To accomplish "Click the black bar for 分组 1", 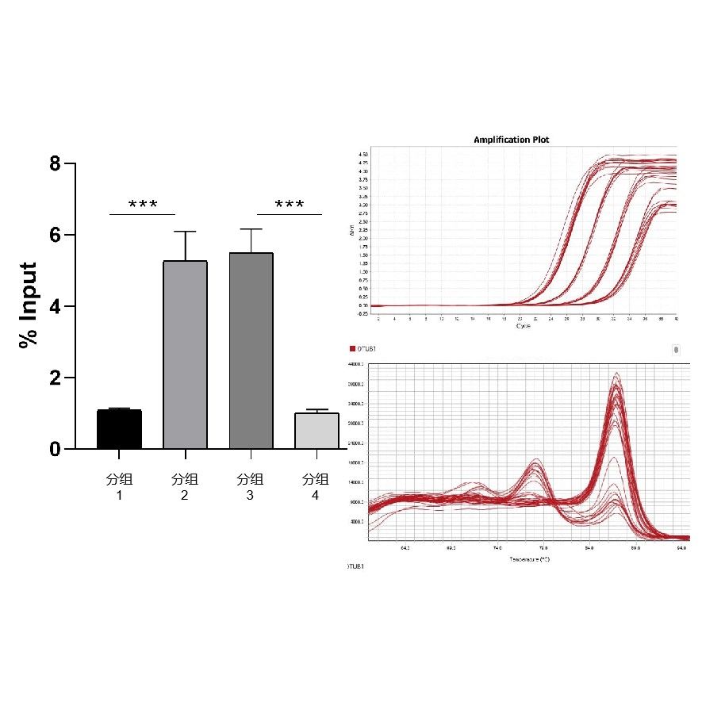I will (119, 429).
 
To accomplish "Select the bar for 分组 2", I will (185, 355).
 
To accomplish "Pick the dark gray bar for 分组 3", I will (251, 351).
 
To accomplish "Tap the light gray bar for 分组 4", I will (316, 431).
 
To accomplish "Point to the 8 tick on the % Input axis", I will (54, 164).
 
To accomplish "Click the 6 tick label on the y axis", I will (54, 236).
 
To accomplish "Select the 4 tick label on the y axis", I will (54, 307).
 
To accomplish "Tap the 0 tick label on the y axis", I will (54, 449).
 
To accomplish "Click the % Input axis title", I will (29, 305).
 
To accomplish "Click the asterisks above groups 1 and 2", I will (143, 205).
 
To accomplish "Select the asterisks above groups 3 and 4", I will (290, 205).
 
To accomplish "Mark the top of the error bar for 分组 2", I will (185, 232).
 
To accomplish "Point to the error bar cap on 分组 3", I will (251, 229).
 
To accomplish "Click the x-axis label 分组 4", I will (316, 486).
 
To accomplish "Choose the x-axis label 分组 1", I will (119, 486).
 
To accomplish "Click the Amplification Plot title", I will (511, 140).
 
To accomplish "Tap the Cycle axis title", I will (524, 326).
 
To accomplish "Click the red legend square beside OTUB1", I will (352, 349).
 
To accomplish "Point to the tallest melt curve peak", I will (616, 374).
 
